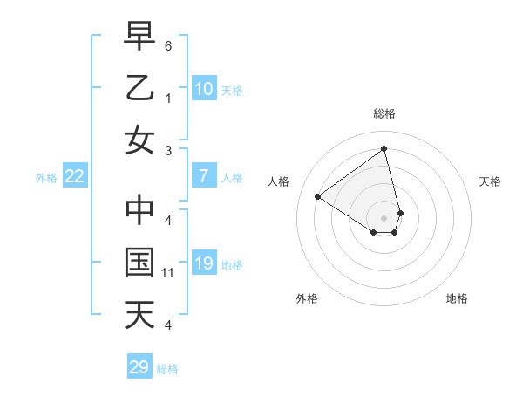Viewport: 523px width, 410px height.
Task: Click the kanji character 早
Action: click(x=139, y=38)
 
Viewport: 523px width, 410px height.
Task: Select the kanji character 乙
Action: click(x=139, y=88)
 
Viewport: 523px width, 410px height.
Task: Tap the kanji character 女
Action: click(x=139, y=139)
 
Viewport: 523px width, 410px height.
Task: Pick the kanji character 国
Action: click(x=139, y=263)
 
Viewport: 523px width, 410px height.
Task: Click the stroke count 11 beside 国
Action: click(x=168, y=273)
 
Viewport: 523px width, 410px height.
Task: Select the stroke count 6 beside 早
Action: click(x=168, y=44)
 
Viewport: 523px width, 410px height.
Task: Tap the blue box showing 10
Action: click(x=203, y=89)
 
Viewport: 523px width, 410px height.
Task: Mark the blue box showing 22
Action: click(x=75, y=177)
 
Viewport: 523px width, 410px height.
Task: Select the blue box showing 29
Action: click(x=139, y=367)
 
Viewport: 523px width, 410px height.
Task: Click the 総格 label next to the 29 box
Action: click(x=167, y=369)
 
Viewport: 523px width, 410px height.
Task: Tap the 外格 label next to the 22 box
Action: click(x=46, y=178)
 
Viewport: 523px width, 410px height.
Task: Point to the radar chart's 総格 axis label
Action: click(x=384, y=113)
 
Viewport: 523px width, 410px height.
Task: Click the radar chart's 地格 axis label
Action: click(x=457, y=298)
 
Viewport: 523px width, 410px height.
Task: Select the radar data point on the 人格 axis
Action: click(x=318, y=196)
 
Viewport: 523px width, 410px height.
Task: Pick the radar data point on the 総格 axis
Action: click(x=384, y=148)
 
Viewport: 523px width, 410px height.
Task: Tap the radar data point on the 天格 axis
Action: click(x=400, y=213)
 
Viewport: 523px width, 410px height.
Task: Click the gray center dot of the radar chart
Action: click(x=384, y=217)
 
